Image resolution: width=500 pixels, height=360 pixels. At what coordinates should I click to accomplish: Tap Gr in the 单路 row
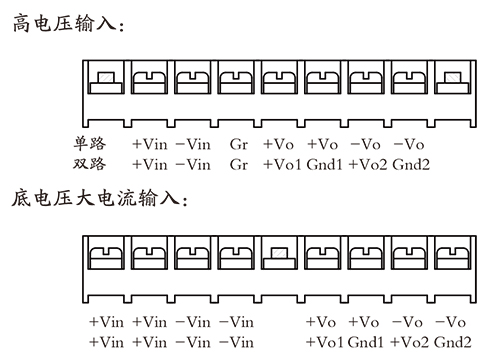pyautogui.click(x=237, y=143)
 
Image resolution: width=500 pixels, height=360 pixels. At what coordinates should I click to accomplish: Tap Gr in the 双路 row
pyautogui.click(x=237, y=162)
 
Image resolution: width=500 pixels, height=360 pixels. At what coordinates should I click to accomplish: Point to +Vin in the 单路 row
pyautogui.click(x=150, y=143)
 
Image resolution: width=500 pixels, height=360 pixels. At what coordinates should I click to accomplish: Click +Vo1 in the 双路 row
pyautogui.click(x=282, y=162)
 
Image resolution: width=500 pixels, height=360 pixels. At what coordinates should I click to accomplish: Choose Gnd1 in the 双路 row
pyautogui.click(x=325, y=162)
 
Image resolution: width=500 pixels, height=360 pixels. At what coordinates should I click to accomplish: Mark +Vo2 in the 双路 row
pyautogui.click(x=368, y=162)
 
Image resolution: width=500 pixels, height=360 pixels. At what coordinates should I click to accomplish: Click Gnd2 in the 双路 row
pyautogui.click(x=411, y=162)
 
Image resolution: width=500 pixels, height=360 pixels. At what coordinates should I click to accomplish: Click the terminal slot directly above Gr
pyautogui.click(x=236, y=79)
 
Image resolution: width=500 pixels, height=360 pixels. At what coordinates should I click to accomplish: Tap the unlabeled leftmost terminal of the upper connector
pyautogui.click(x=106, y=79)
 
